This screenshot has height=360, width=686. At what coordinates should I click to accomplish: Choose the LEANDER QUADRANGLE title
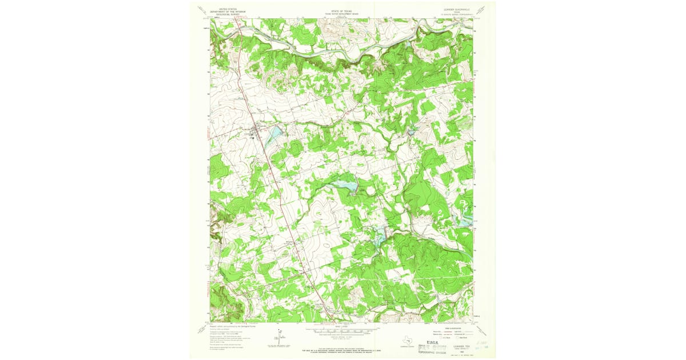point(456,10)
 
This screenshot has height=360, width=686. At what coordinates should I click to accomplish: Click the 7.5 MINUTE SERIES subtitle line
point(456,15)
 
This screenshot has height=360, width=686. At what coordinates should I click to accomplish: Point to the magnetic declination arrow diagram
point(278,337)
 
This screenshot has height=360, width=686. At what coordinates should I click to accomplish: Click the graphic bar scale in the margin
point(342,330)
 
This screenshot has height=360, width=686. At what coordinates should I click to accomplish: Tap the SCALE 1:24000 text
point(342,326)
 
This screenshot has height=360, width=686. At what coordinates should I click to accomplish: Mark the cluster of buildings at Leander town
point(254,135)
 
